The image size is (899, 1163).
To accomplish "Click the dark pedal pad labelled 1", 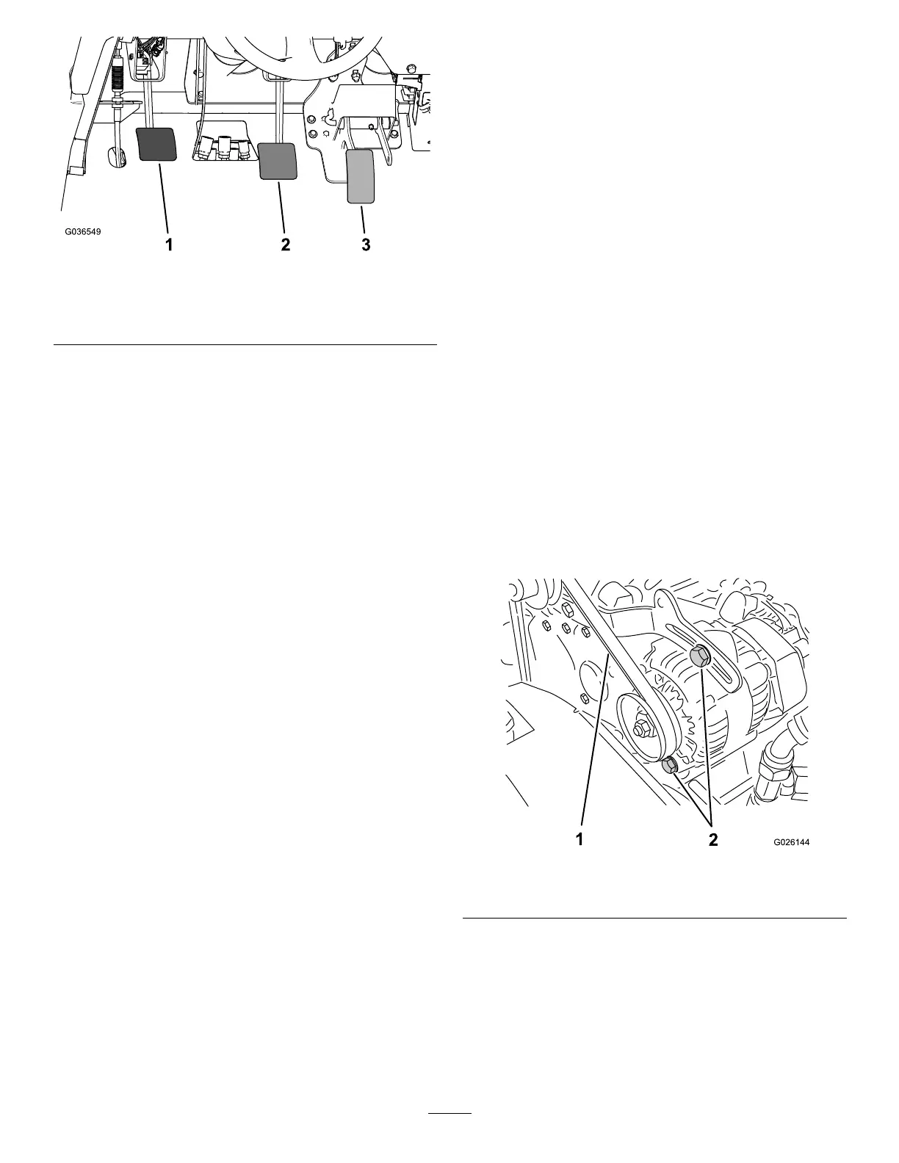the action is point(157,144).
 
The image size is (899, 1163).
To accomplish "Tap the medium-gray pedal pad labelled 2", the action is point(278,161).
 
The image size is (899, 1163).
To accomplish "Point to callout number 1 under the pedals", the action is point(170,245).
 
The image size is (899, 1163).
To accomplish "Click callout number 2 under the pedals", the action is point(286,245).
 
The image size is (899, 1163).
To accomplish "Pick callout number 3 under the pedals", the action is point(366,245).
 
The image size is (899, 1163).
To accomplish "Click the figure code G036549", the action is point(82,232).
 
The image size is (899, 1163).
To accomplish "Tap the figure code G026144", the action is point(790,843).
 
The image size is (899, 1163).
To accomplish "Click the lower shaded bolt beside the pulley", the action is point(669,767).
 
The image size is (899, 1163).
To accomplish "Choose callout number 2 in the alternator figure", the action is point(713,840).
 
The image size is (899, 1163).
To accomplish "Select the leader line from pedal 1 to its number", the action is point(164,198).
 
